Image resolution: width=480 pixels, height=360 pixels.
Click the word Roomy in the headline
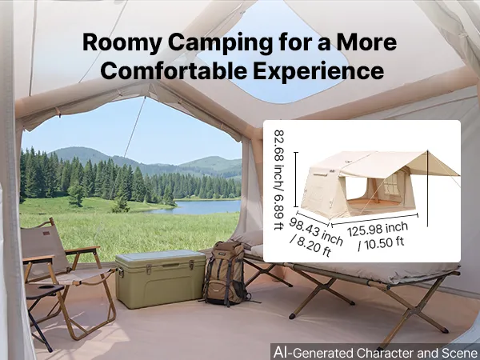(122, 43)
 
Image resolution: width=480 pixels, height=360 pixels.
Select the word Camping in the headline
(221, 43)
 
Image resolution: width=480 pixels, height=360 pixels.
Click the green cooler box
(161, 278)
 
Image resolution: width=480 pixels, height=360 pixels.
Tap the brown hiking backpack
(226, 274)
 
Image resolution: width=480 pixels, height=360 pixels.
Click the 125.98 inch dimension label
(378, 229)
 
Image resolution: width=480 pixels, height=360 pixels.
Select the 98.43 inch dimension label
(316, 231)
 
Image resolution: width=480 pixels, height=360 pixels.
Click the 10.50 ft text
(385, 242)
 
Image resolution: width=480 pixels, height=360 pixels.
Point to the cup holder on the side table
(47, 288)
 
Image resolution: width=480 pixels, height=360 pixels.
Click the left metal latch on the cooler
(149, 270)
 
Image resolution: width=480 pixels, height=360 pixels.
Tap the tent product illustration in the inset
(379, 184)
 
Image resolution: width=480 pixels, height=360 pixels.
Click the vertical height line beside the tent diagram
(296, 179)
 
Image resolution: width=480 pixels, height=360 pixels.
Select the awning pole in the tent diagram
(427, 189)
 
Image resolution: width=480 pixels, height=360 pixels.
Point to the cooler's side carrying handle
(121, 272)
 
